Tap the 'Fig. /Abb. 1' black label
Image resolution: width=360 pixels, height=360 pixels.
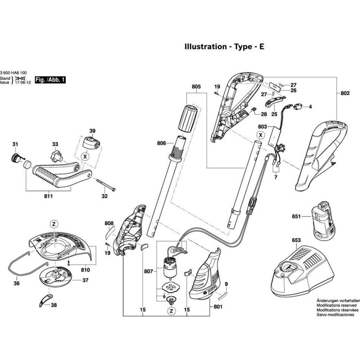[x=50, y=80]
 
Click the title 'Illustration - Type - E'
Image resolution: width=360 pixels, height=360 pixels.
[x=224, y=47]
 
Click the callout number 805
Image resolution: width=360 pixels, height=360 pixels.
[x=196, y=87]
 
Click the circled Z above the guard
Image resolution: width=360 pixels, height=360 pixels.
[x=54, y=224]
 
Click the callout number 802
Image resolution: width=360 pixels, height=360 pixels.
[x=345, y=94]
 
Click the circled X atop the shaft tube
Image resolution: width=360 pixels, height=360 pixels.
[x=260, y=135]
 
